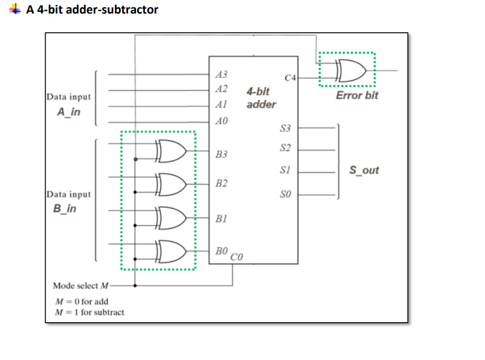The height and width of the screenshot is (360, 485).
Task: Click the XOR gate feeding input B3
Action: (169, 151)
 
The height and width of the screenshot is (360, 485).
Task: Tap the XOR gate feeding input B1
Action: (169, 217)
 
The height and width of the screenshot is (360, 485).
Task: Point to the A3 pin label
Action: (222, 74)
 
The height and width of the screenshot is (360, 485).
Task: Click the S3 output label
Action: (285, 129)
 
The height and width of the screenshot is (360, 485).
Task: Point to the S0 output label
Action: (285, 195)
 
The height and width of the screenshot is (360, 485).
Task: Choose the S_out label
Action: (364, 170)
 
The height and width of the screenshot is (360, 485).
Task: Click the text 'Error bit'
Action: (356, 95)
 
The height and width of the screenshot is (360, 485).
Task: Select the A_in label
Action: (68, 112)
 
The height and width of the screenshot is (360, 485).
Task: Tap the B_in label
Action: (64, 209)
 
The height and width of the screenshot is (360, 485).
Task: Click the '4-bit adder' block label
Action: (261, 98)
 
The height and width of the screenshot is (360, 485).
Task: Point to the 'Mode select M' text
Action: (81, 286)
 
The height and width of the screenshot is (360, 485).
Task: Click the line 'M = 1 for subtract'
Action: (89, 312)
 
